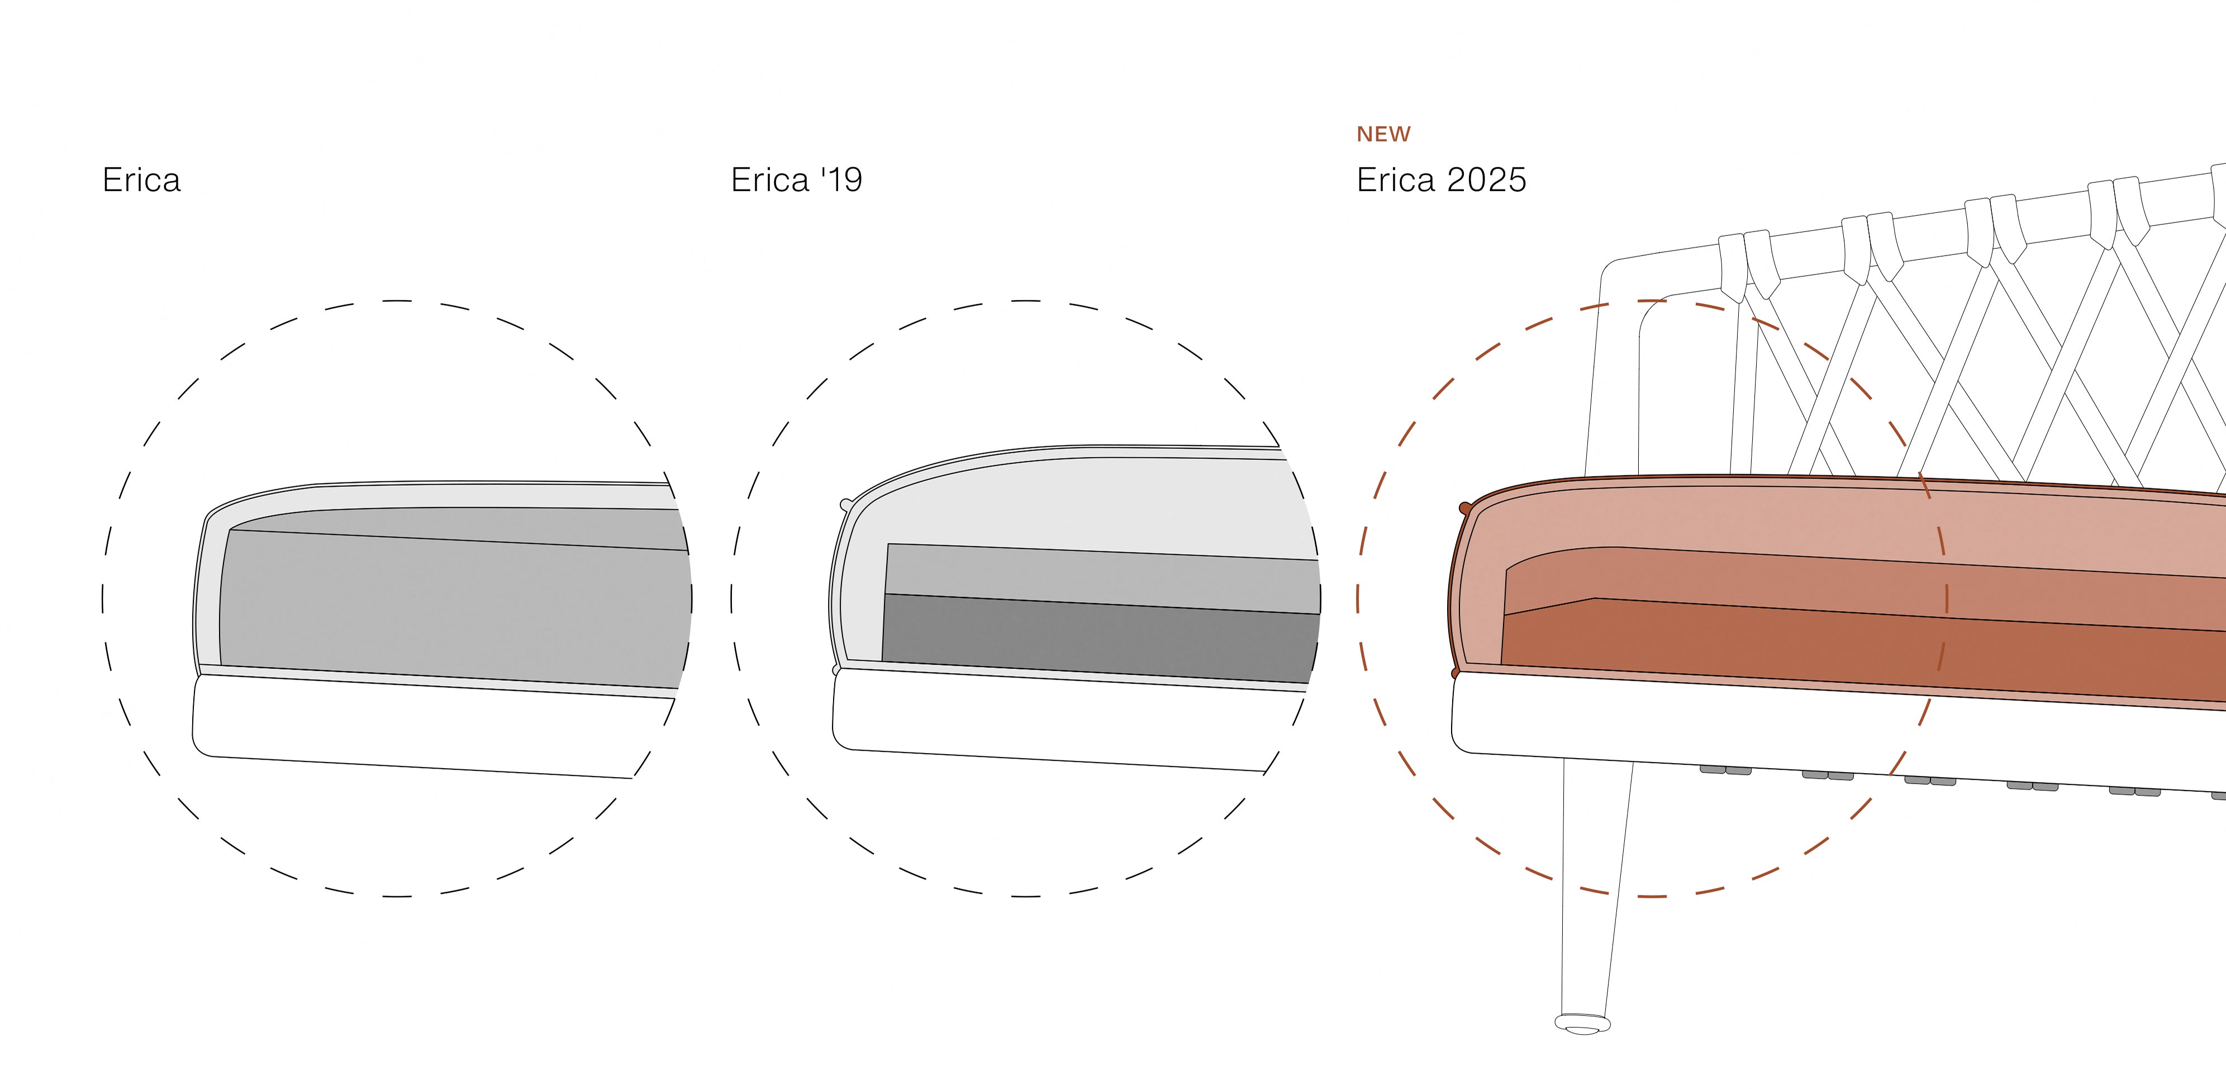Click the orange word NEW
click(x=1383, y=134)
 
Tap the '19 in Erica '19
click(x=841, y=180)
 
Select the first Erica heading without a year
click(x=142, y=180)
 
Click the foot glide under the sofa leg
click(x=1582, y=1024)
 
